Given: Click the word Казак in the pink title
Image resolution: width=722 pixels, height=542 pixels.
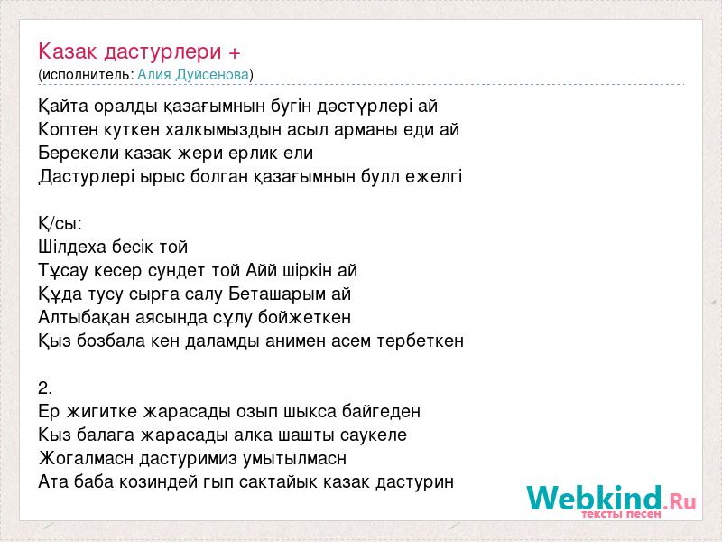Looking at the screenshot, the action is click(68, 51).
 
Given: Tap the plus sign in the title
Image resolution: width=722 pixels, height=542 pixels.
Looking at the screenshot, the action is click(235, 53).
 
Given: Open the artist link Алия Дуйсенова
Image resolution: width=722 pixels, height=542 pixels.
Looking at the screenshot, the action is click(193, 74).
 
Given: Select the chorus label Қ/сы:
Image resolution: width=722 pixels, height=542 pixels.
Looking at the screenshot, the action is click(60, 223).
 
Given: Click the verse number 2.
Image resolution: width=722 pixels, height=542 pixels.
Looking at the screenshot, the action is click(45, 388).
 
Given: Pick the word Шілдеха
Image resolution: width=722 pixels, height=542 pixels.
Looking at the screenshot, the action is click(72, 247).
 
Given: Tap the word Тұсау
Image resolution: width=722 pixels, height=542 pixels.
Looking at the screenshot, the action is click(64, 270).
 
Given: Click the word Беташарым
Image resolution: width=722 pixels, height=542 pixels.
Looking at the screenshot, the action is click(277, 294).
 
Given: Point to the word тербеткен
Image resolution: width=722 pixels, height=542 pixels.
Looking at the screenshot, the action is click(421, 341).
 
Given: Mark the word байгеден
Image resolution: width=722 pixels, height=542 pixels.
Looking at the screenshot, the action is click(381, 411).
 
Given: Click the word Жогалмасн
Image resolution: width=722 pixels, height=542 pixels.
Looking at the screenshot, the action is click(87, 459).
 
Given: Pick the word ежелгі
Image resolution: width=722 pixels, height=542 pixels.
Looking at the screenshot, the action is click(434, 176).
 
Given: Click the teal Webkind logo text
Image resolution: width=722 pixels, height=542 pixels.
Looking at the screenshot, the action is click(595, 498).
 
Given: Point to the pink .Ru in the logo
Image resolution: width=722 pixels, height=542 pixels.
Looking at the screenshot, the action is click(680, 502).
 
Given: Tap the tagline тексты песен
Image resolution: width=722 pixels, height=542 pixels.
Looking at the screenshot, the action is click(622, 514).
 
